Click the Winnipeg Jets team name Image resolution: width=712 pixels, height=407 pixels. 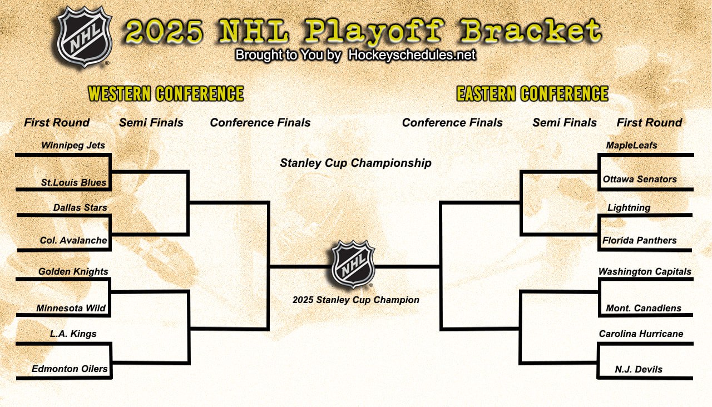coord(73,146)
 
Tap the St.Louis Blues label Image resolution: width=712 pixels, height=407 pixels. coord(73,182)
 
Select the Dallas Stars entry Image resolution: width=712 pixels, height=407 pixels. coord(80,207)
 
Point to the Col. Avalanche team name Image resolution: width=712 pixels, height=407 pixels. coord(73,240)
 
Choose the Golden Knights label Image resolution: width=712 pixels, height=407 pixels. coord(73,272)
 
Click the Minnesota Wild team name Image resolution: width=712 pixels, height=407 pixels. coord(71,308)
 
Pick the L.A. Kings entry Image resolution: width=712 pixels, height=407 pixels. coord(73,334)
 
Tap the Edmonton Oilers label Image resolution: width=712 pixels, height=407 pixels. coord(70,369)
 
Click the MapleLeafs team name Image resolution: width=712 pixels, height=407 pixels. coord(631,146)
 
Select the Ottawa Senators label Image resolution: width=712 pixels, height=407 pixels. coord(640,179)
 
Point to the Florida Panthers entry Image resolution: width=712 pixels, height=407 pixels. coord(640,240)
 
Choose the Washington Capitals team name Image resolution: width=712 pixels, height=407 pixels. coord(645,272)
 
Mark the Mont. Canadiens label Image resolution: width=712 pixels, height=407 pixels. coord(644,308)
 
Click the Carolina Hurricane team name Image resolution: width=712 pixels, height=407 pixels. coord(641,334)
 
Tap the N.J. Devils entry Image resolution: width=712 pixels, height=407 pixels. coord(639,369)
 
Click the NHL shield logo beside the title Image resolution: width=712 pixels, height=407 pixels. coord(85,37)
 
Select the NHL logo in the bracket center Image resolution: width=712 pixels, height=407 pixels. coord(353,264)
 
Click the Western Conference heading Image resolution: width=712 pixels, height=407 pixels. coord(166,93)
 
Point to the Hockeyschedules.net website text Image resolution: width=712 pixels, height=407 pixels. coord(412,55)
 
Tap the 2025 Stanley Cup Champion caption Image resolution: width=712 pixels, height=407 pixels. coord(356,300)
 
